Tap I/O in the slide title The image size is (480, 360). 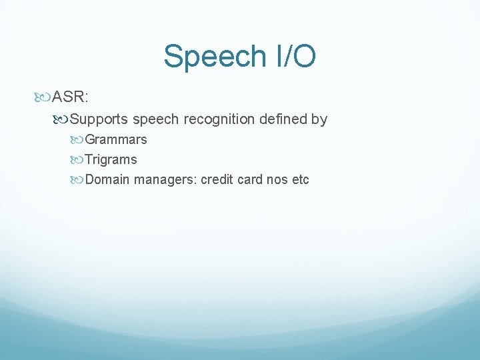(293, 57)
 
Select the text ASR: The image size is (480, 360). (71, 98)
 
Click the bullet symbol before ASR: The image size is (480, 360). (45, 98)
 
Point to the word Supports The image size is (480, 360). (99, 119)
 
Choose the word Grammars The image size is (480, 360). (116, 140)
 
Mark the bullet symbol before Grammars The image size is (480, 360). (79, 140)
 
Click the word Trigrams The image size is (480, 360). (111, 160)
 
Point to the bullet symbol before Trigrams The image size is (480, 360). (79, 160)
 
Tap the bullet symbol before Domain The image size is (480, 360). (79, 180)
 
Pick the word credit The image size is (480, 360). (217, 180)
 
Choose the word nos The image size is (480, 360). (277, 180)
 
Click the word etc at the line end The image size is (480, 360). (301, 180)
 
